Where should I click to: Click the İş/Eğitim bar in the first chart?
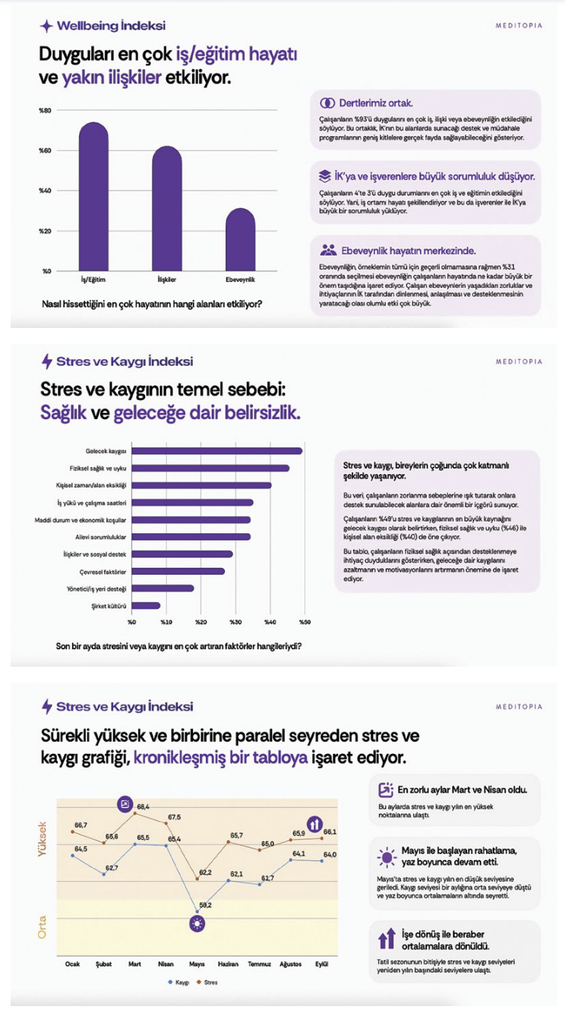pyautogui.click(x=93, y=197)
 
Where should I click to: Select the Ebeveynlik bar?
pyautogui.click(x=240, y=240)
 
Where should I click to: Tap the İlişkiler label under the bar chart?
pyautogui.click(x=166, y=279)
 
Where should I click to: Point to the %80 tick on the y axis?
pyautogui.click(x=45, y=111)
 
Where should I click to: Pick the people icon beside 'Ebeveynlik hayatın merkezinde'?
pyautogui.click(x=328, y=249)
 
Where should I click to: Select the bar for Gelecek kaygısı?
pyautogui.click(x=216, y=451)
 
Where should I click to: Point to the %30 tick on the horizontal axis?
pyautogui.click(x=235, y=623)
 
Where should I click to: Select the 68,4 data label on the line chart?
pyautogui.click(x=143, y=806)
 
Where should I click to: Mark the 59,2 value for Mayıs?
pyautogui.click(x=205, y=905)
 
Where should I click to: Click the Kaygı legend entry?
pyautogui.click(x=178, y=982)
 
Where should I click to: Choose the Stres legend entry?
pyautogui.click(x=207, y=982)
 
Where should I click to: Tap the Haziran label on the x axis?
pyautogui.click(x=228, y=964)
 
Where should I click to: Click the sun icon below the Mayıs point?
pyautogui.click(x=197, y=923)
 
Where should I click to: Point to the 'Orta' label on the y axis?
pyautogui.click(x=43, y=926)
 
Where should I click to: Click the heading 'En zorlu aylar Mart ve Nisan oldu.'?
pyautogui.click(x=462, y=790)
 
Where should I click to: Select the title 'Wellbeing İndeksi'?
pyautogui.click(x=111, y=26)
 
